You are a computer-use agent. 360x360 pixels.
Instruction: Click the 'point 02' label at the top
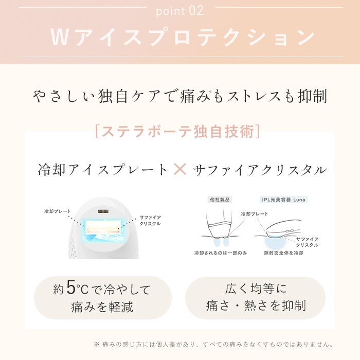(179, 10)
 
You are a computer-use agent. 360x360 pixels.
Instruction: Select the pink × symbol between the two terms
(180, 169)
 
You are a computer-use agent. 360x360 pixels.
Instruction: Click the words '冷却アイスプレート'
(103, 169)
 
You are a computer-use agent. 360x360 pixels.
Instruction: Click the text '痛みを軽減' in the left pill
(102, 308)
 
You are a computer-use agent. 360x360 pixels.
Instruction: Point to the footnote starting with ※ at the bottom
(214, 344)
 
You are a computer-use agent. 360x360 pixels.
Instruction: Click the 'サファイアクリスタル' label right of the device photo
(150, 221)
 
